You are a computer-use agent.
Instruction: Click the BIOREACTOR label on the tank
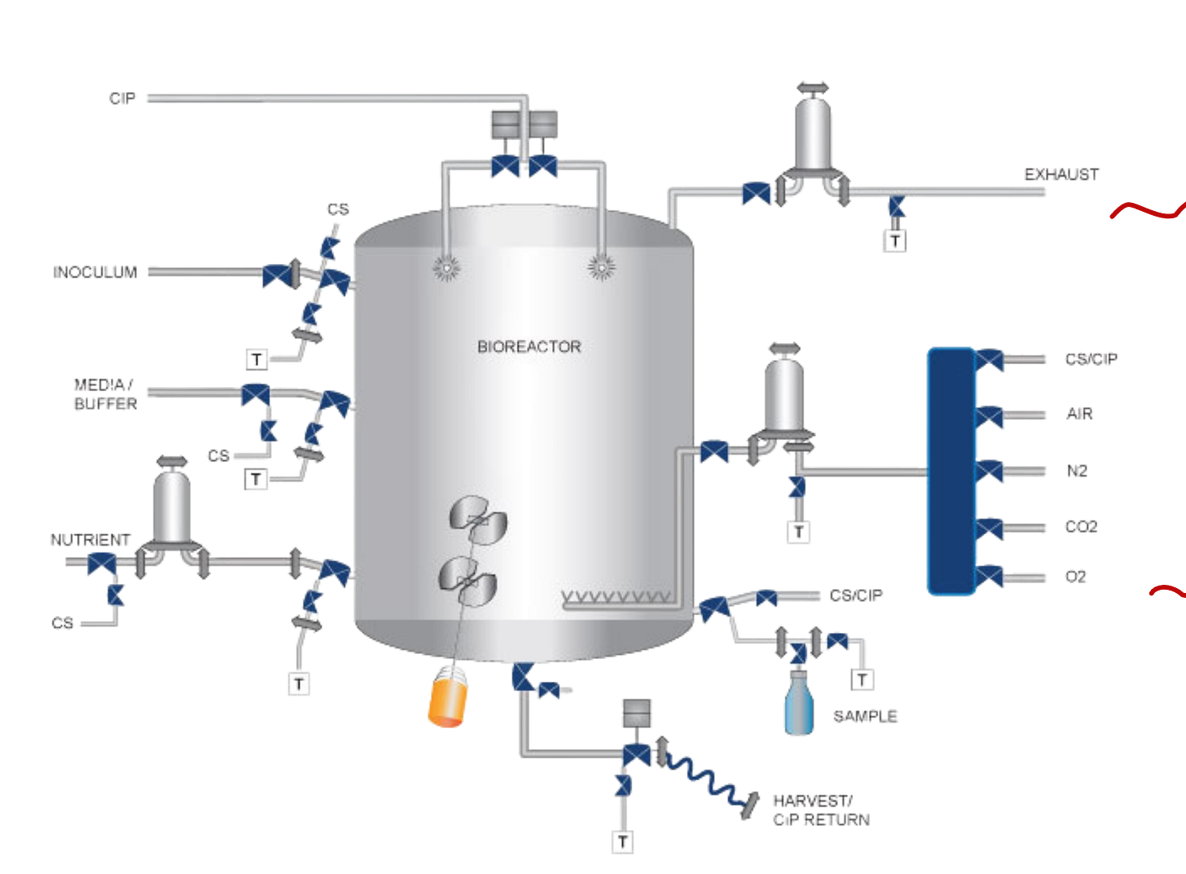[529, 346]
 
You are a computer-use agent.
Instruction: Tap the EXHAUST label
[1062, 173]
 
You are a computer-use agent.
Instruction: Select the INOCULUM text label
[95, 271]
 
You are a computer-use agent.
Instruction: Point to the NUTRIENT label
[90, 540]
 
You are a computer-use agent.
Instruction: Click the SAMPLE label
[866, 716]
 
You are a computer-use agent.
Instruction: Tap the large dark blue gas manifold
[951, 471]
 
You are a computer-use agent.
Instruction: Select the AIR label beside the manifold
[1080, 415]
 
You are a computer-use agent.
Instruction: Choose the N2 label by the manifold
[1078, 471]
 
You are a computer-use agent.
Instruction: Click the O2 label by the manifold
[1075, 576]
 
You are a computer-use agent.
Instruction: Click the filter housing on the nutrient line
[172, 508]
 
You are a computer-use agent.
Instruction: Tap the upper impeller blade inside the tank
[479, 520]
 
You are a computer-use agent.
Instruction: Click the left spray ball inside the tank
[446, 266]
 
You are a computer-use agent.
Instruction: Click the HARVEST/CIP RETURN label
[820, 810]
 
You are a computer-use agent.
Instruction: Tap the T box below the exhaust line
[896, 240]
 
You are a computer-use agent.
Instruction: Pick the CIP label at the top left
[123, 99]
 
